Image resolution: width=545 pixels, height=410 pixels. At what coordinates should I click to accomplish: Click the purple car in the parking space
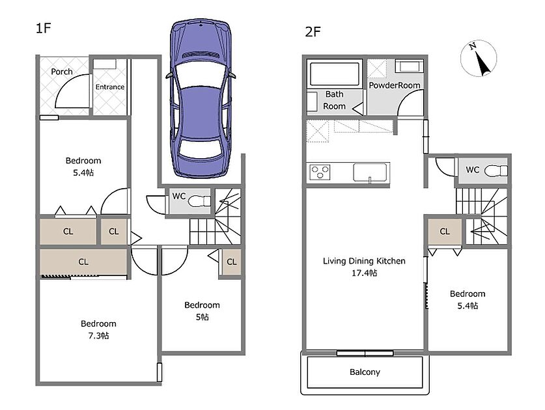coord(201,99)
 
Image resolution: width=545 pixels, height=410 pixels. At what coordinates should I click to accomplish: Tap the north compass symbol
coord(479,58)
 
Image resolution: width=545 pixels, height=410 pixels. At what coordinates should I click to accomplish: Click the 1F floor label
coord(44,28)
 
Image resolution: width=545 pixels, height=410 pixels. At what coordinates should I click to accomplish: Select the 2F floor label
coord(313,32)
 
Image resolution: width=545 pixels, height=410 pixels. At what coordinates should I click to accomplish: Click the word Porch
coord(62,72)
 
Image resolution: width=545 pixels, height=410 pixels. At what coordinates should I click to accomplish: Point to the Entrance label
coord(110,87)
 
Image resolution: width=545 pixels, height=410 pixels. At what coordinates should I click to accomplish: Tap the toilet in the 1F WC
coord(199,201)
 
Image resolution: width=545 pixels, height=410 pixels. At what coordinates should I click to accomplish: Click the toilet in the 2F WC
coord(496,171)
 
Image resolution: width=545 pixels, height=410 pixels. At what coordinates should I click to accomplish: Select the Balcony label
coord(365,372)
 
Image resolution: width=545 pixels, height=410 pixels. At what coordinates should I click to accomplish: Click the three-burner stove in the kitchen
coord(320,172)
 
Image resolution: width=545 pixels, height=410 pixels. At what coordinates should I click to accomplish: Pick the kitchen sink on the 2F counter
coord(370,172)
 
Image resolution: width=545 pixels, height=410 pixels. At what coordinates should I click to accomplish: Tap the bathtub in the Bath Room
coord(335,74)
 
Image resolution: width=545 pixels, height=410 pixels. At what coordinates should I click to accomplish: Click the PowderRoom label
coord(395,85)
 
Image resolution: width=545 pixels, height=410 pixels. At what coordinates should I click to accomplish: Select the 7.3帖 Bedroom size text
coord(98,336)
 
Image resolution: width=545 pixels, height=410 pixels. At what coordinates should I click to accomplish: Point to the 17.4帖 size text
coord(364,273)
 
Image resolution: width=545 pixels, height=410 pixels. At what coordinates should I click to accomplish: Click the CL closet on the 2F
coord(445,232)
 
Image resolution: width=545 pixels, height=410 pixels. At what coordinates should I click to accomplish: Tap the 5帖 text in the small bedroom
coord(202,317)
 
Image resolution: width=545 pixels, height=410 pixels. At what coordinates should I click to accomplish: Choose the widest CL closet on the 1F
coord(83,262)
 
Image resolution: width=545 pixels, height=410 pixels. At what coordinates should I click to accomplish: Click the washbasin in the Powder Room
coord(409,66)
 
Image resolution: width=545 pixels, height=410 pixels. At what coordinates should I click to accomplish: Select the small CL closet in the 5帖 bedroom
coord(232,262)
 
